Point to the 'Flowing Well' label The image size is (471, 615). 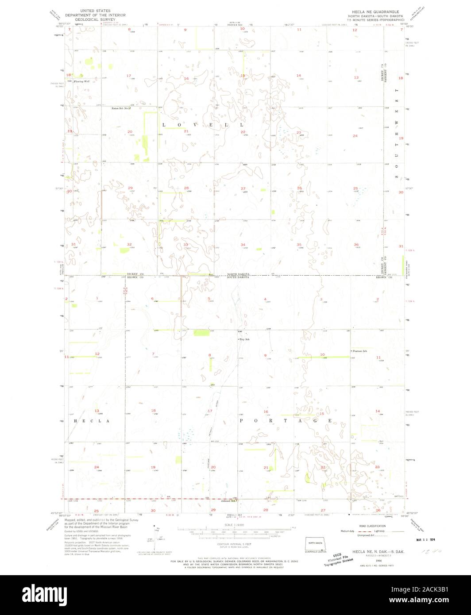(82, 82)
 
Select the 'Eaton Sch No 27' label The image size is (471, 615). (121, 108)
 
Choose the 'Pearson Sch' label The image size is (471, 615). (360, 351)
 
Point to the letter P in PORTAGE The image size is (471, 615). (242, 421)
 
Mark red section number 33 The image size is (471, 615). (186, 245)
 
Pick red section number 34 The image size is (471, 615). (243, 245)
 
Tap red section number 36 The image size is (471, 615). (356, 245)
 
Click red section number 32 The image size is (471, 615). (129, 244)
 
